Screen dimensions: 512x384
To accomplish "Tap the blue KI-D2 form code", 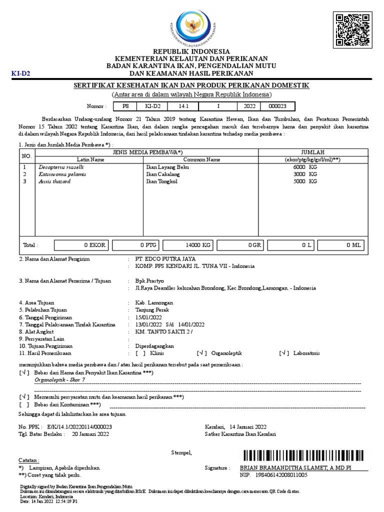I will click(x=21, y=73).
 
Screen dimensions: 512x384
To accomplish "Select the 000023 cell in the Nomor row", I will click(x=277, y=106).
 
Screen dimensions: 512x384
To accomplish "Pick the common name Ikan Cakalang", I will click(x=163, y=174).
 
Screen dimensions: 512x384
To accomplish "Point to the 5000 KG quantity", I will click(x=305, y=181).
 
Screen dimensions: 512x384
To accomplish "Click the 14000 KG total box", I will click(x=188, y=245).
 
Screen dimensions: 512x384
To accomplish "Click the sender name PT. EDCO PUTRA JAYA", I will click(x=165, y=259).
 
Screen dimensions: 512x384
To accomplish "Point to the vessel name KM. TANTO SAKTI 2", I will click(x=163, y=331).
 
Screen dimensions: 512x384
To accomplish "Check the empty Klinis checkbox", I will click(x=140, y=353).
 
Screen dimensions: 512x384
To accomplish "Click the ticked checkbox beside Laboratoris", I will click(x=284, y=353).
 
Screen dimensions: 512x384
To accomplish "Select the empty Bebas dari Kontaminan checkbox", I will click(x=24, y=404).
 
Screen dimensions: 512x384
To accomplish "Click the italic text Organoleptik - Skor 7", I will click(x=60, y=380).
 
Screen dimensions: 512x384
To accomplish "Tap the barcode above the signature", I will click(x=304, y=455).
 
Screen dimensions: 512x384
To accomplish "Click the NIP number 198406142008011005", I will click(x=281, y=475).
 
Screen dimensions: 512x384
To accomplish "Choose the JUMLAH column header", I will click(x=312, y=152).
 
